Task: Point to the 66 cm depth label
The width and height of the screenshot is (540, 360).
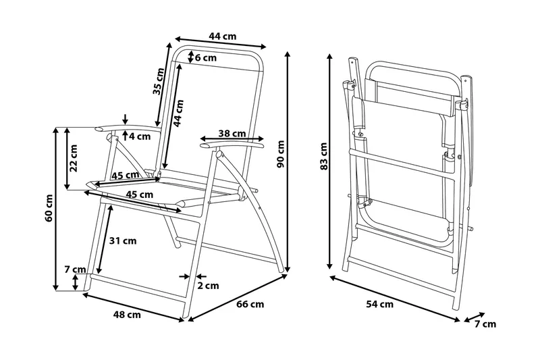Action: [x=250, y=305]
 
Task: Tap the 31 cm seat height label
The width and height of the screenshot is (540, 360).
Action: [x=124, y=240]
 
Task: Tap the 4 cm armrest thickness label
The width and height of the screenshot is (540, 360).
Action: [x=139, y=137]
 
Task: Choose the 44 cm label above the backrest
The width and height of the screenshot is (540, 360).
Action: [x=223, y=36]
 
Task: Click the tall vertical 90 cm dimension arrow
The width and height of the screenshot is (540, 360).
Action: [x=289, y=162]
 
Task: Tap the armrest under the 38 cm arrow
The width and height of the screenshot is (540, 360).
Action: [x=233, y=145]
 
